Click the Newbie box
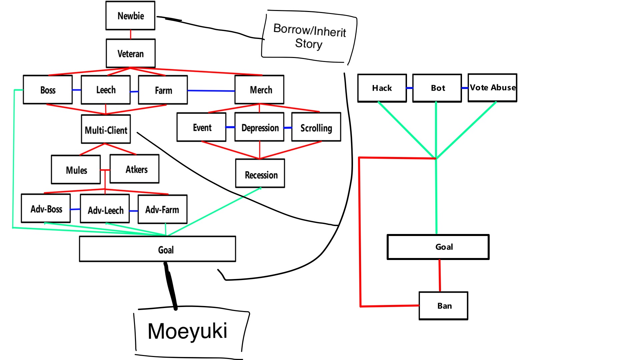pos(130,16)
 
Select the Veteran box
pos(131,53)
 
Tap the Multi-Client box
pos(106,129)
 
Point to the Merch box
pos(259,90)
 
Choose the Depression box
pos(259,127)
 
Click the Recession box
pos(260,174)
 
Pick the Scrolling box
pos(316,127)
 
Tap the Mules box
pos(76,170)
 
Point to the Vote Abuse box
pos(492,88)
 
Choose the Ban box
pos(443,306)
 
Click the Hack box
pos(382,88)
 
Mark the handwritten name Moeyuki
pos(187,331)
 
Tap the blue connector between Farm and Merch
pos(211,90)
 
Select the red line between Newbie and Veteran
pos(130,34)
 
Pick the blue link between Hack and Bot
pos(409,88)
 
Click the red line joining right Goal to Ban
pos(440,275)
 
